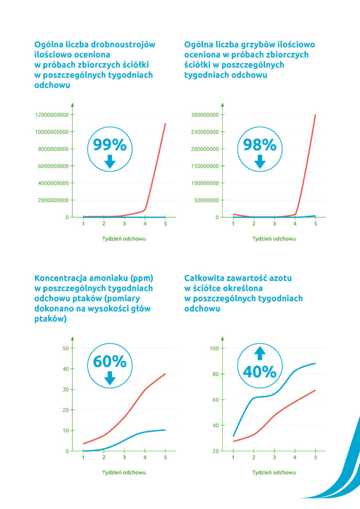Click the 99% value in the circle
pyautogui.click(x=110, y=145)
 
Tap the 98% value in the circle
pyautogui.click(x=259, y=145)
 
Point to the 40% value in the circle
pyautogui.click(x=259, y=372)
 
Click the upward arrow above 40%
pyautogui.click(x=259, y=353)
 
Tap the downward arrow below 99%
pyautogui.click(x=110, y=162)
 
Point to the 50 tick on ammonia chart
pyautogui.click(x=65, y=348)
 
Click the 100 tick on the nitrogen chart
pyautogui.click(x=214, y=348)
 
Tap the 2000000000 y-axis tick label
pyautogui.click(x=53, y=200)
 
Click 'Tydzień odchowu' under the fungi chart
pyautogui.click(x=274, y=239)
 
